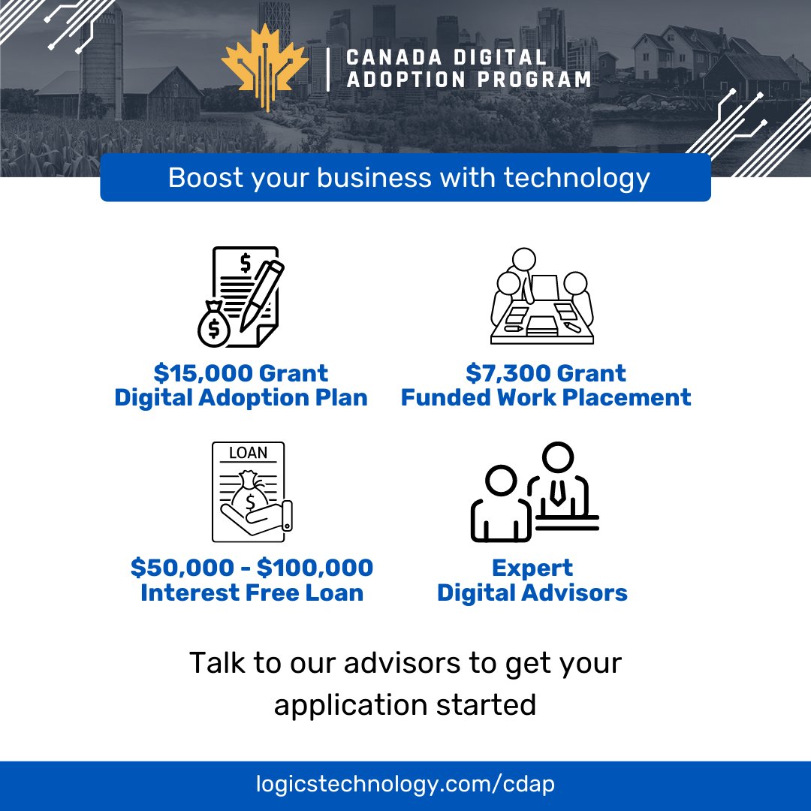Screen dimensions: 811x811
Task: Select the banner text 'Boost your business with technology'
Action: [409, 178]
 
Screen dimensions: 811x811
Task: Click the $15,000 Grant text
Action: [241, 373]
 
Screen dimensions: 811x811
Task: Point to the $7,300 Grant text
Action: [546, 373]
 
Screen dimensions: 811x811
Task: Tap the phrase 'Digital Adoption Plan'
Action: [241, 398]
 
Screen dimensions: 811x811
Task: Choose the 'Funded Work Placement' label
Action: [546, 398]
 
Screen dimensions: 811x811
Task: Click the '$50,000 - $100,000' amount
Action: [252, 568]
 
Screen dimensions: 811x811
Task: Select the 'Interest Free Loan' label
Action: [252, 592]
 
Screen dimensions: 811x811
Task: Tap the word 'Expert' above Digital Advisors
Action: [532, 568]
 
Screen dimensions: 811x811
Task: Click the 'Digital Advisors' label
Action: [532, 592]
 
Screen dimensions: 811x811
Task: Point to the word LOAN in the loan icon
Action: [248, 453]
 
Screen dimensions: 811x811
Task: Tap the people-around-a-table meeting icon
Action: [542, 298]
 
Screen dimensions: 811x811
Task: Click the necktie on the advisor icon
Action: [557, 490]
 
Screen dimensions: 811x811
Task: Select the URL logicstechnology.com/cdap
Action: [405, 785]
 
